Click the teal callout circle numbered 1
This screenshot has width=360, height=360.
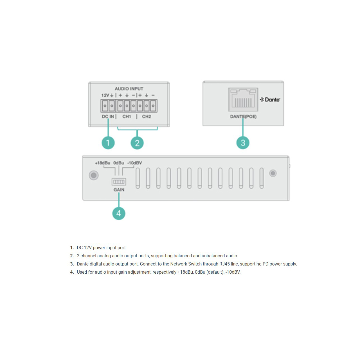[x=108, y=143]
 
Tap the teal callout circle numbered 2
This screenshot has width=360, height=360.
[x=137, y=143]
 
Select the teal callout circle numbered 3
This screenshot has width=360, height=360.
[x=243, y=143]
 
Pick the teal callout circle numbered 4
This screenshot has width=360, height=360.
[x=119, y=213]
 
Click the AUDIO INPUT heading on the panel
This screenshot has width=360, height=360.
[x=129, y=89]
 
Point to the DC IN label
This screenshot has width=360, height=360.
[x=108, y=116]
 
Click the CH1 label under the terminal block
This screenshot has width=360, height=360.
[x=127, y=116]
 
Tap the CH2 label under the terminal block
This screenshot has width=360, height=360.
[x=146, y=116]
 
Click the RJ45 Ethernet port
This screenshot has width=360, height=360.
[x=243, y=100]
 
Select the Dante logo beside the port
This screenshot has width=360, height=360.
[x=270, y=100]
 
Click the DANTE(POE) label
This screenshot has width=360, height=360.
[x=243, y=116]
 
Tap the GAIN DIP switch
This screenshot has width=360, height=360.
[x=119, y=182]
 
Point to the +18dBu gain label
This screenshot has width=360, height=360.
[x=103, y=163]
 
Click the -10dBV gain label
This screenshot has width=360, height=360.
[x=134, y=163]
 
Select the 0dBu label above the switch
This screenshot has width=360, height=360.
[x=119, y=163]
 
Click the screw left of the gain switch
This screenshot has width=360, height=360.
[x=94, y=175]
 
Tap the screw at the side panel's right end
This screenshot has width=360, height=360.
[x=273, y=173]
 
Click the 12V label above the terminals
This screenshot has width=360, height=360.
[x=105, y=95]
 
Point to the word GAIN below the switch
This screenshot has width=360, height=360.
[x=119, y=190]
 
